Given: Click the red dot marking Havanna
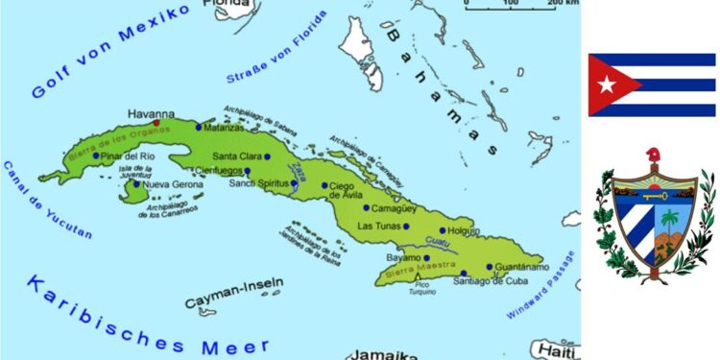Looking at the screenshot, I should pos(156,123).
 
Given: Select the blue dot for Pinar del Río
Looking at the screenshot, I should pos(96,156).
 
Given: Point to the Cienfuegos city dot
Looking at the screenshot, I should pos(247,171).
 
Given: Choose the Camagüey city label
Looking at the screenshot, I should pos(396,207).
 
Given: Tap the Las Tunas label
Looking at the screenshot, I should pos(378,227).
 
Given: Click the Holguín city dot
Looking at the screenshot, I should pos(443,230).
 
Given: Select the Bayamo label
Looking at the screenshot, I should pos(403,257).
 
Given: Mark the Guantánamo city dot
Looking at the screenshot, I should pos(489,267).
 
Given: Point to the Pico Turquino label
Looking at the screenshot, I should pos(418,287).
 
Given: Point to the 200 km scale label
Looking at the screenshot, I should pos(564,4).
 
